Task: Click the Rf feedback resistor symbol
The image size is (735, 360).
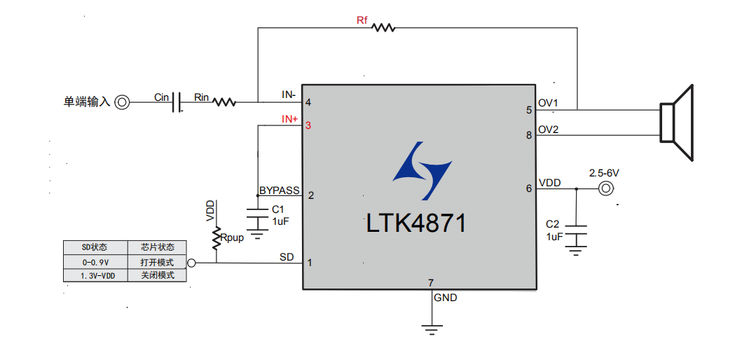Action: coord(383,28)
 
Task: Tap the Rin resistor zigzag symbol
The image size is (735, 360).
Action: coord(224,102)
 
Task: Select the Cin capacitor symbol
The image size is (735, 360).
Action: coord(177,102)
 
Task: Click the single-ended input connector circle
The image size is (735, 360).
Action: coord(122,102)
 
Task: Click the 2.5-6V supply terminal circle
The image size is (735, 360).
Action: coord(605,188)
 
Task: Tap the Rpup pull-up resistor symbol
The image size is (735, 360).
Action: coord(217,237)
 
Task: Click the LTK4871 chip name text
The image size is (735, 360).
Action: coord(415,224)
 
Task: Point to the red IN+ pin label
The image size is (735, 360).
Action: coord(289,119)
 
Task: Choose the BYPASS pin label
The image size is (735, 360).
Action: coord(279,190)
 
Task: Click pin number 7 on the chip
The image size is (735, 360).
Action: coord(431,283)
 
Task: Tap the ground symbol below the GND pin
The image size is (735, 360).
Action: coord(433,327)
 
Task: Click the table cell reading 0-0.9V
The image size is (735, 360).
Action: coord(95,262)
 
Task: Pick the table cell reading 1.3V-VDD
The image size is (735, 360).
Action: coord(95,276)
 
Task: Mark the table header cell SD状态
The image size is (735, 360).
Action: coord(95,247)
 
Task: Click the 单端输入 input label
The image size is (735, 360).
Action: coord(87,102)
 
